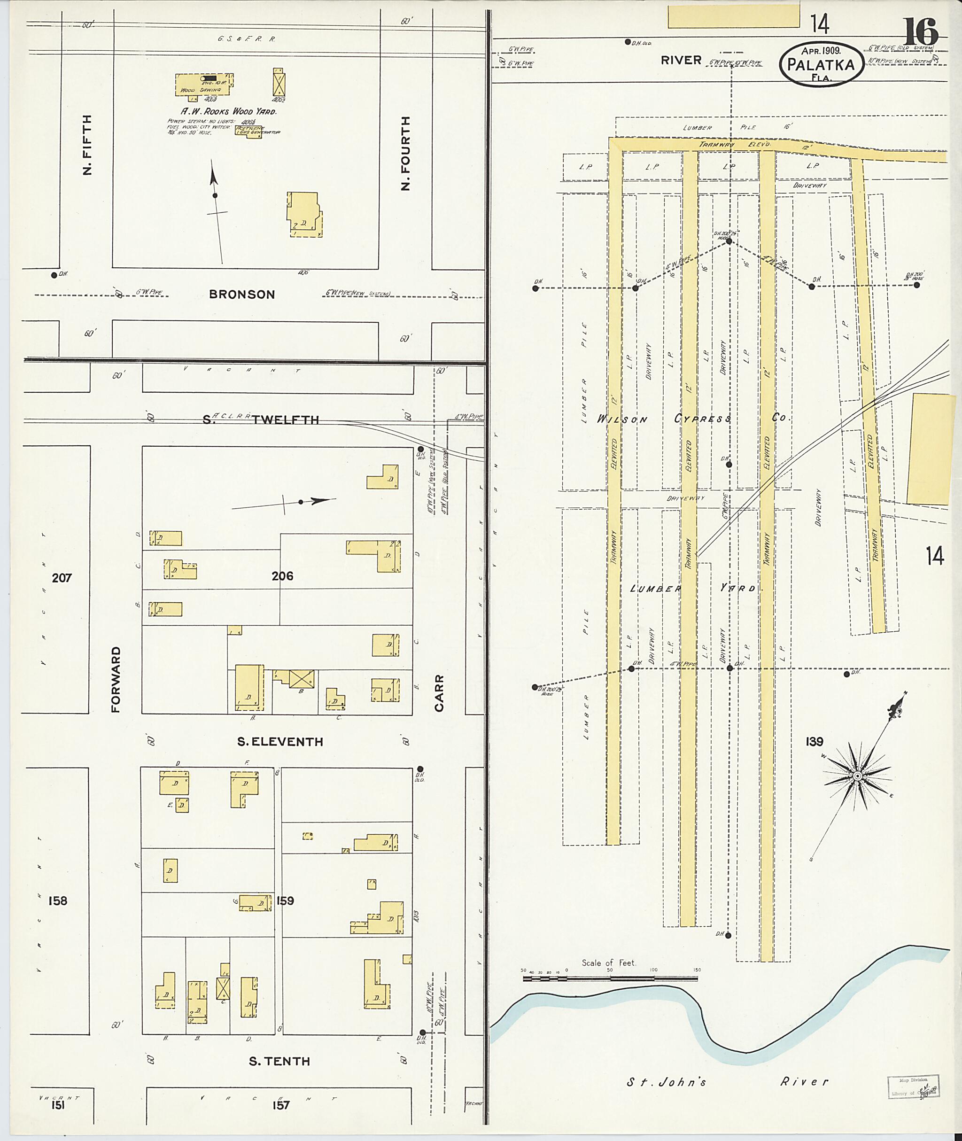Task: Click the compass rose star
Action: pos(857,776)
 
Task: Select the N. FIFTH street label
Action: pos(87,145)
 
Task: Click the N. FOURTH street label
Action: pos(405,153)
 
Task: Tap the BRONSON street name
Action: pos(241,295)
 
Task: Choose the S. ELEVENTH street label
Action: pos(280,742)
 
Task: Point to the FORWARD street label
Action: pos(116,680)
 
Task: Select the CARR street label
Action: pos(440,693)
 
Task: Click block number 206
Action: pos(282,575)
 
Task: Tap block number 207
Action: pos(62,578)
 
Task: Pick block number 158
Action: pos(58,901)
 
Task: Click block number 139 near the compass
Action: pos(814,742)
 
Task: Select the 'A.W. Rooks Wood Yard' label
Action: pos(229,111)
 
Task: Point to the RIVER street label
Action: pos(681,61)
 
